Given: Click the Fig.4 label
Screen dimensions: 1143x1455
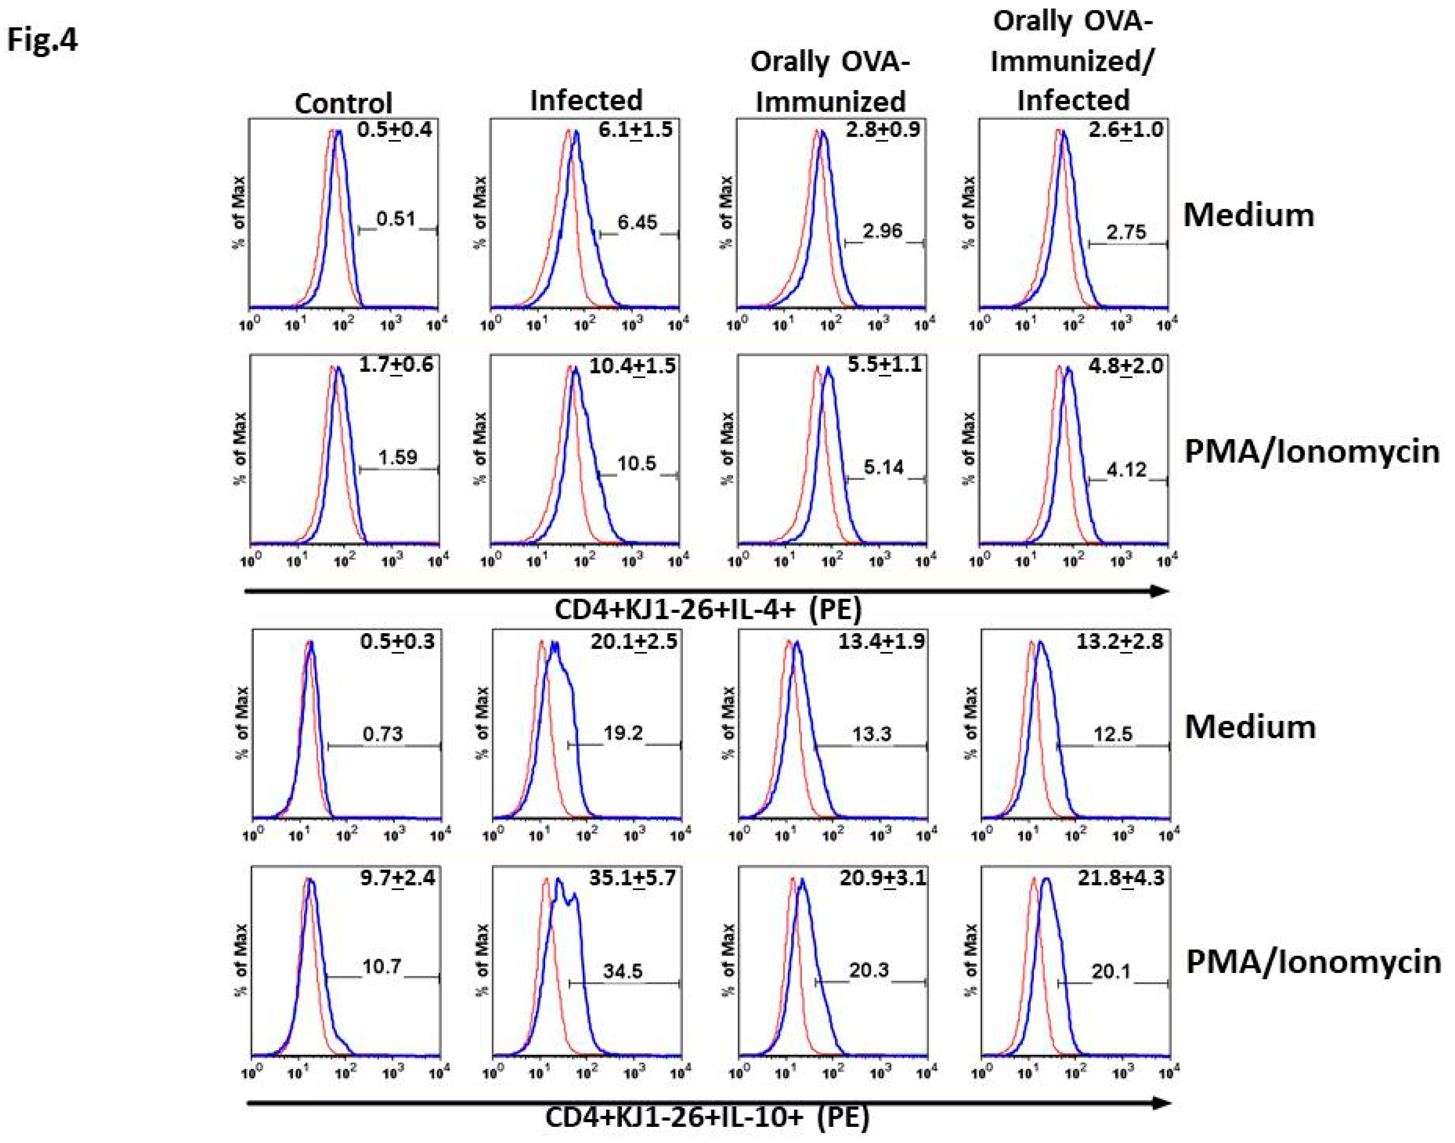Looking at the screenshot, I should click(42, 40).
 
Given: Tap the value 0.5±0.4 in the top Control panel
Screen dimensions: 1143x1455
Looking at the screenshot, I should click(394, 129).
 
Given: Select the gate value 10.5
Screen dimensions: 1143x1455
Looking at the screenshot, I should click(636, 463).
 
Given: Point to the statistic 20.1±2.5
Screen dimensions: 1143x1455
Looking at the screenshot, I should click(632, 642).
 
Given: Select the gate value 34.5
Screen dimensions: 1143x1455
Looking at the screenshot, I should click(622, 970).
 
